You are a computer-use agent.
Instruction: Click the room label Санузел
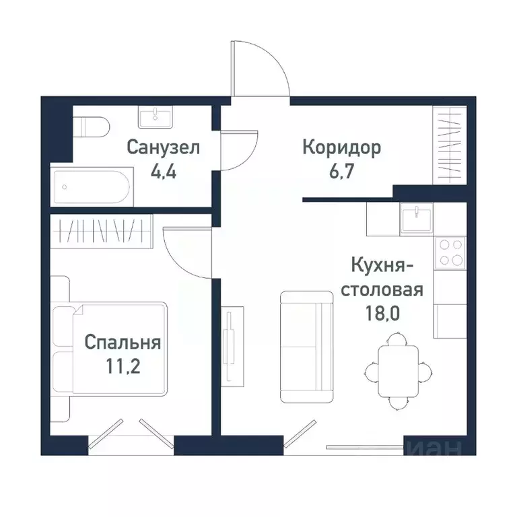[x=164, y=147]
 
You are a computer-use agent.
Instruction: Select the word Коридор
[x=341, y=147]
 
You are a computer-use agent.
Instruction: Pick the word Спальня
[x=122, y=343]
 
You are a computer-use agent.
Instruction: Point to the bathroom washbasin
[x=156, y=118]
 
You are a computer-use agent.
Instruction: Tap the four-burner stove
[x=449, y=252]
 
